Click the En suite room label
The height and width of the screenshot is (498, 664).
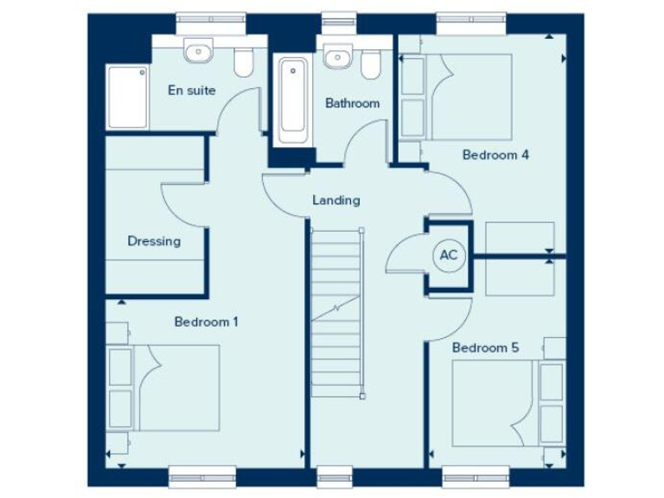click(192, 90)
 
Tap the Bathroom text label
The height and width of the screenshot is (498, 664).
click(352, 103)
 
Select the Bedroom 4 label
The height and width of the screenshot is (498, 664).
click(495, 156)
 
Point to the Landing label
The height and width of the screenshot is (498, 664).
click(335, 201)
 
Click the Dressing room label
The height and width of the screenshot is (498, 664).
click(154, 241)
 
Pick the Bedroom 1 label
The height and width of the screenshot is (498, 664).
click(207, 322)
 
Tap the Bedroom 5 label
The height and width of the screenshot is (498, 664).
click(485, 348)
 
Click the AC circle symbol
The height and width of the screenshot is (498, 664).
click(449, 255)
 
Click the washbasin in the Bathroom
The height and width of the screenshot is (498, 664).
click(336, 56)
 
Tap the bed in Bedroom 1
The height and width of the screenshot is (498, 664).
click(164, 386)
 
